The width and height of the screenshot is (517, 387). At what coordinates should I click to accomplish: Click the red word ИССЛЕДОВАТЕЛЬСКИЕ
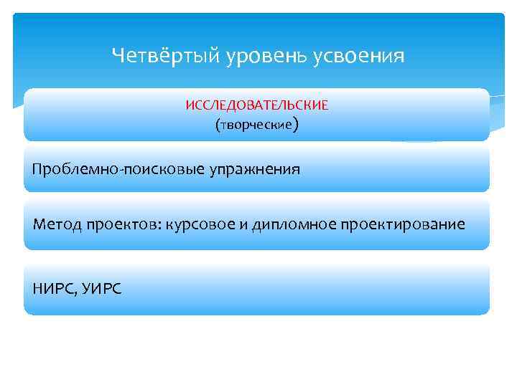(x=256, y=105)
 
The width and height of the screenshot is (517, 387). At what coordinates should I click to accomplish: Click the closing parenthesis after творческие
(x=295, y=125)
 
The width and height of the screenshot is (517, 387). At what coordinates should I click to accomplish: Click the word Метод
(x=56, y=224)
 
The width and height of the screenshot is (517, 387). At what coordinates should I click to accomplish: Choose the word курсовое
(x=200, y=224)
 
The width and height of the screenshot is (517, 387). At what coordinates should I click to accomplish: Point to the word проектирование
(x=395, y=224)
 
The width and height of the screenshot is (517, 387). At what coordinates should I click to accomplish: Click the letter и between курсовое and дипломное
(x=243, y=225)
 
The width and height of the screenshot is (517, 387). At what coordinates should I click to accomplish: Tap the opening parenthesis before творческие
(x=218, y=125)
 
